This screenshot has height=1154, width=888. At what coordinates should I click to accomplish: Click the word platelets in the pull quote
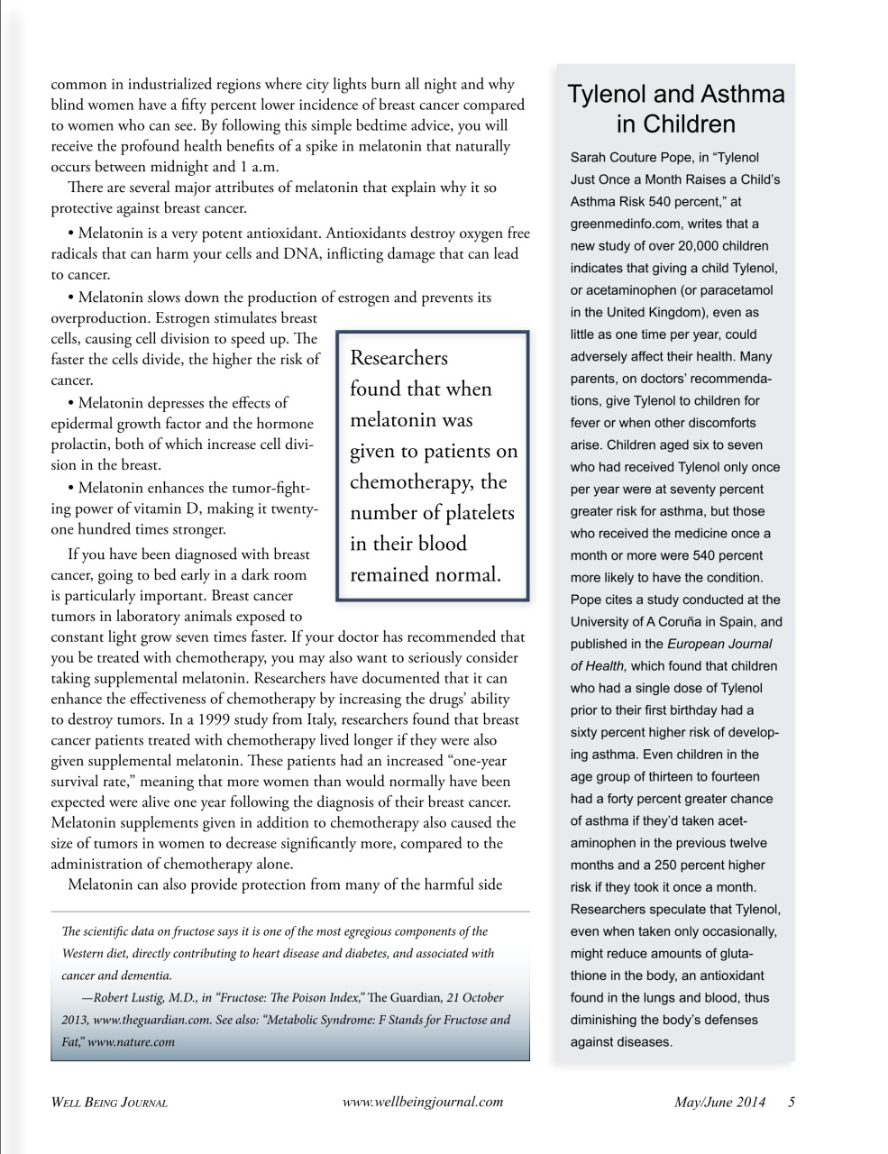470,513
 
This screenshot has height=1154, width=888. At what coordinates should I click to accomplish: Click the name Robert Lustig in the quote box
128,998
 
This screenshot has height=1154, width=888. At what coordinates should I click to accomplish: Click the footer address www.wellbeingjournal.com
423,1102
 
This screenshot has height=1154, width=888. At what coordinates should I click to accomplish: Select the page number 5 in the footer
792,1102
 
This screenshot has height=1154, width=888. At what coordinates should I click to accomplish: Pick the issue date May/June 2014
719,1102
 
